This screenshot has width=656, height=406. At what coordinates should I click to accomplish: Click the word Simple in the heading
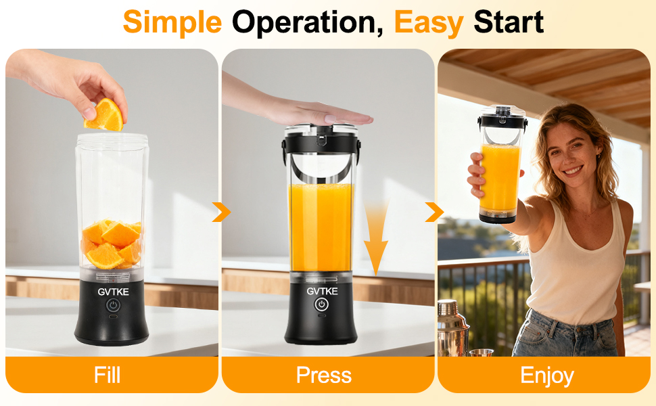(x=172, y=23)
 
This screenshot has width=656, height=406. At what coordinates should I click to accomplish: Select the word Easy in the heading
(x=429, y=23)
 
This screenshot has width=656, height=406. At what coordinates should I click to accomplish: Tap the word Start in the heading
(x=509, y=23)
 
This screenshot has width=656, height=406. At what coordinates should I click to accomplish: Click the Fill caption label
(x=108, y=375)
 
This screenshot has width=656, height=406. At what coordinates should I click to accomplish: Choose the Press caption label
(x=324, y=375)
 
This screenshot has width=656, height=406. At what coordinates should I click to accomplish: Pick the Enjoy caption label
(x=546, y=375)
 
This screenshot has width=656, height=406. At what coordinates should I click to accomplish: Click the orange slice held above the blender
(x=105, y=115)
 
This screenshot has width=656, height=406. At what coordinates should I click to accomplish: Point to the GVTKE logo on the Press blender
(x=321, y=291)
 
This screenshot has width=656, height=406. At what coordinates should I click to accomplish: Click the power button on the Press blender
(x=321, y=304)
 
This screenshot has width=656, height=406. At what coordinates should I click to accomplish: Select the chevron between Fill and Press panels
(x=220, y=212)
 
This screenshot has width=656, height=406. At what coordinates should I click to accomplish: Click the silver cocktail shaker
(x=452, y=327)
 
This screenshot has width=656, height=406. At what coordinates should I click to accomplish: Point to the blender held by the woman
(x=501, y=166)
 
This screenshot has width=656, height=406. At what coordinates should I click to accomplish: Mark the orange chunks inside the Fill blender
(x=112, y=244)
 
